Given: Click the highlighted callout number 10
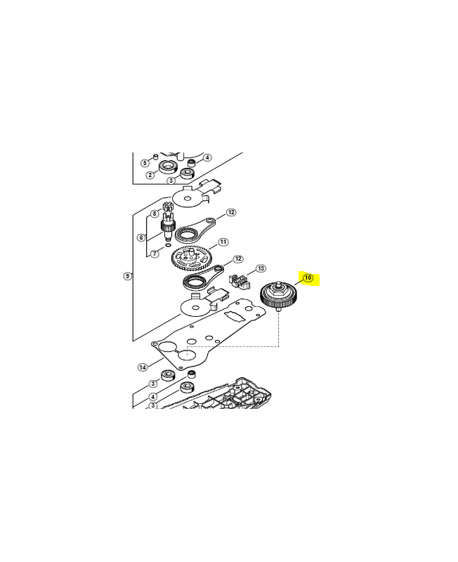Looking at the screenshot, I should pyautogui.click(x=308, y=278).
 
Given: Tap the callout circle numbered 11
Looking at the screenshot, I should pyautogui.click(x=223, y=242).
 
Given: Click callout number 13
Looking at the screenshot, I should pyautogui.click(x=261, y=268).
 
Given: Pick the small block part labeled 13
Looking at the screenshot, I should pyautogui.click(x=240, y=280).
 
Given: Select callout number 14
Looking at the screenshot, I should pyautogui.click(x=142, y=367).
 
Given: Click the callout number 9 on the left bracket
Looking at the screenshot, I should pyautogui.click(x=127, y=276).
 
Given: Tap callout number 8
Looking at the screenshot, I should pyautogui.click(x=154, y=214).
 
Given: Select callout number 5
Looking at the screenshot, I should pyautogui.click(x=145, y=163).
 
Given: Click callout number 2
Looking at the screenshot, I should pyautogui.click(x=150, y=175).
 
